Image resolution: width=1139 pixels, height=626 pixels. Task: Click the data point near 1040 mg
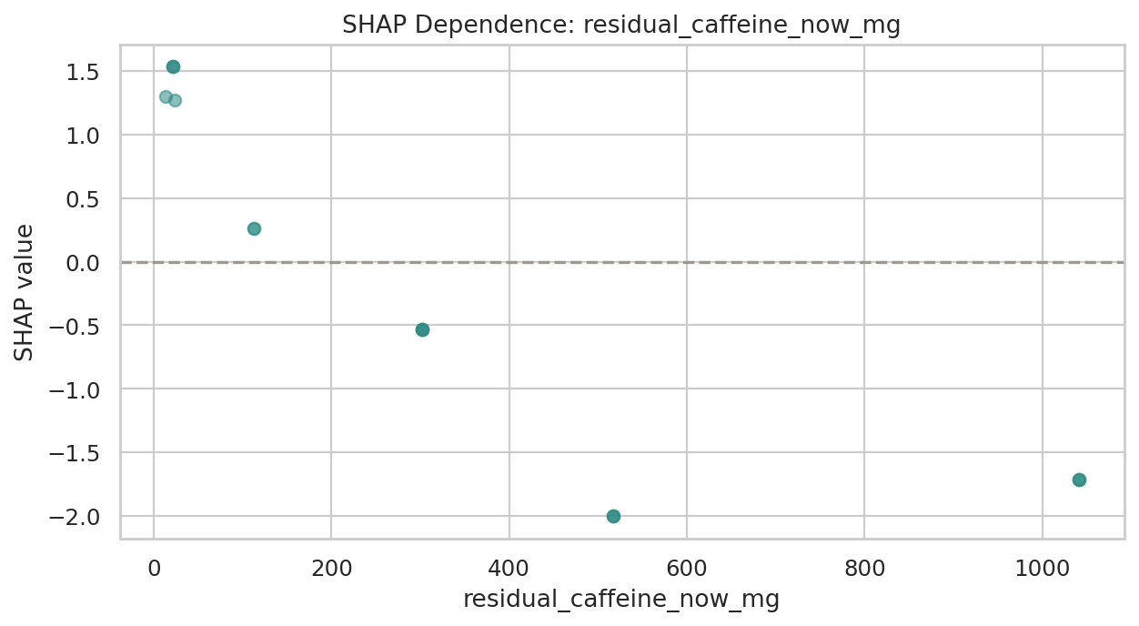1079,480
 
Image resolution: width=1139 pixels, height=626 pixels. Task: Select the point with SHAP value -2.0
613,516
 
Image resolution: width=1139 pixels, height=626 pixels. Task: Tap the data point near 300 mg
422,329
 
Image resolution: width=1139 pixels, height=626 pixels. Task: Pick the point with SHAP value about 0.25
254,228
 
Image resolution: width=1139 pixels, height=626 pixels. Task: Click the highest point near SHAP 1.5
173,66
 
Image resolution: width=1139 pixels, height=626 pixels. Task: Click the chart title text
621,25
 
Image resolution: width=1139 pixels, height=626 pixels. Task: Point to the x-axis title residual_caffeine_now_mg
621,600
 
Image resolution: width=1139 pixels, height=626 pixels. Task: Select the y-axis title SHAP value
25,292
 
